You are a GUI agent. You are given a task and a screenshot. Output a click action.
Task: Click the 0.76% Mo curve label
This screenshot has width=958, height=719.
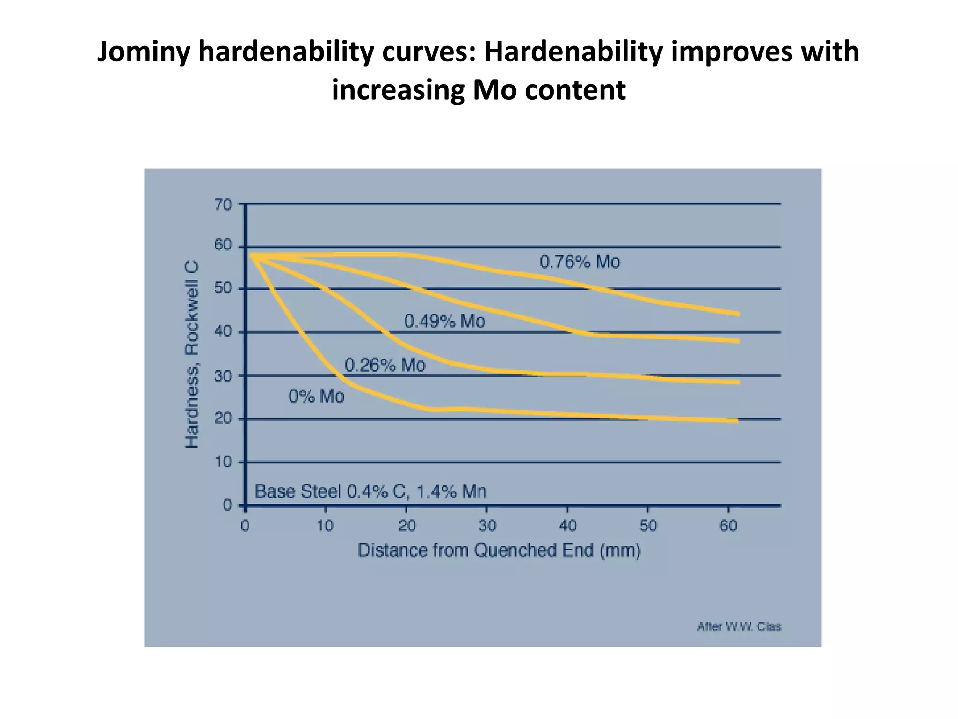pos(580,262)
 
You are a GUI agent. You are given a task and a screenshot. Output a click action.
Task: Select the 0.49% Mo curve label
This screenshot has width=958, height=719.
pos(444,321)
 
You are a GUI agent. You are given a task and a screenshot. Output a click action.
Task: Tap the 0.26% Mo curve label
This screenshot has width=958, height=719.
pos(385,365)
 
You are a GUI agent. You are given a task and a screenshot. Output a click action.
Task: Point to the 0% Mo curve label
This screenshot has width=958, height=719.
pos(316,396)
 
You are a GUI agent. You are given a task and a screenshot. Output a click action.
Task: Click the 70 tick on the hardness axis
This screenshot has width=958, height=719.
pos(223,205)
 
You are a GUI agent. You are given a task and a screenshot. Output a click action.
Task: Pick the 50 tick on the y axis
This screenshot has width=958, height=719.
pos(223,288)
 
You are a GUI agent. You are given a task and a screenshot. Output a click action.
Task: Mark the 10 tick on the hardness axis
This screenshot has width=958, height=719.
pos(223,462)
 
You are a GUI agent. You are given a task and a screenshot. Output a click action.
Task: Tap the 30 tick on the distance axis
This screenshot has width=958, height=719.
pos(486,526)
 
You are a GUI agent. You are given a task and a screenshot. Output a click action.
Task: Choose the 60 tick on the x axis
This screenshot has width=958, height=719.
pos(728,526)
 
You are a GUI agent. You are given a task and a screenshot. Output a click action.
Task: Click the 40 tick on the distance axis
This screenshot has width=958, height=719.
pos(567,526)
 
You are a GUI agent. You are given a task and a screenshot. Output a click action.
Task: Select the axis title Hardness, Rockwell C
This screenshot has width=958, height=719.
pos(192,354)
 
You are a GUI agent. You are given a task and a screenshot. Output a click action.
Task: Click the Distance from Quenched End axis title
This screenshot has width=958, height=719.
pos(499,550)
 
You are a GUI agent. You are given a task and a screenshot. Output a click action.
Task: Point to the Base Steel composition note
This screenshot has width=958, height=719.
pos(370,492)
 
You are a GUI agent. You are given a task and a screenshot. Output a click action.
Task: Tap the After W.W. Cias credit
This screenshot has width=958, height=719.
pos(739,626)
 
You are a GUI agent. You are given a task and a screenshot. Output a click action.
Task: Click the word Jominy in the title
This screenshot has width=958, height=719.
pos(143,51)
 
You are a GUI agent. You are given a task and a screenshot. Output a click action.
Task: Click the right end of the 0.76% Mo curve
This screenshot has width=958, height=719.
pos(738,314)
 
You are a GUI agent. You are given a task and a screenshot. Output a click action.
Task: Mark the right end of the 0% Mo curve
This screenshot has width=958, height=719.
pos(737,421)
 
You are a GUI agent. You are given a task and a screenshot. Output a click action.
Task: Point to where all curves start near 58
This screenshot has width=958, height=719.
pos(252,256)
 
